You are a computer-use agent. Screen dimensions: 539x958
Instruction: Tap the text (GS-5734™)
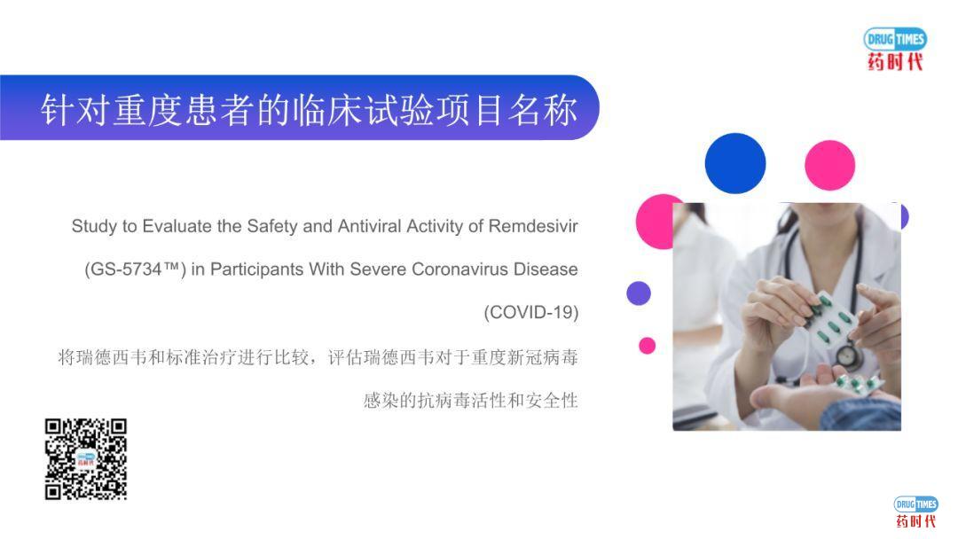click(135, 269)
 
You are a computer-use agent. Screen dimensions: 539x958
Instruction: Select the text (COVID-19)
click(530, 312)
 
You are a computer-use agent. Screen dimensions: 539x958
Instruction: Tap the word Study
click(93, 226)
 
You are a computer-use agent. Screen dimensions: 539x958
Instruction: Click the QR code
click(86, 458)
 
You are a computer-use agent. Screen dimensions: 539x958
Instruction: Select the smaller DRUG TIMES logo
click(915, 512)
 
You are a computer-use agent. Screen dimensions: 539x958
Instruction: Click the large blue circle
click(735, 163)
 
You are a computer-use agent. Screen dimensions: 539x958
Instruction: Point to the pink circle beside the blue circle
click(829, 165)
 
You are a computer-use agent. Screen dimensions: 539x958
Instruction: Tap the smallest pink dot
click(648, 346)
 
